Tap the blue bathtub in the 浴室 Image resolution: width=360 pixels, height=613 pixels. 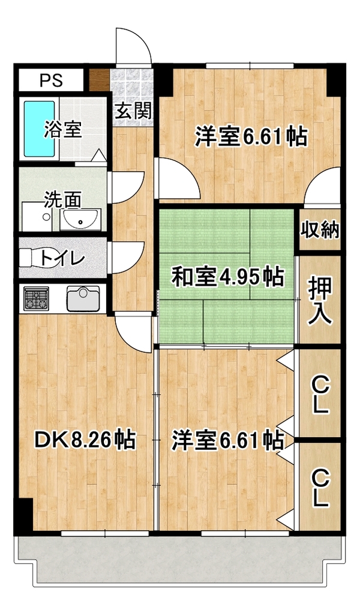(40, 129)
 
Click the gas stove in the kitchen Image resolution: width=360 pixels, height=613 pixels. (37, 298)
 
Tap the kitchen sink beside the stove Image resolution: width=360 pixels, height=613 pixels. (83, 298)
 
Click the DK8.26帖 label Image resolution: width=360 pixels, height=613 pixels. (85, 440)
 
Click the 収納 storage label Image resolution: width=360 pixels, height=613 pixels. (320, 231)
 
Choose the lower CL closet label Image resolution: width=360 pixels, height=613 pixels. (320, 489)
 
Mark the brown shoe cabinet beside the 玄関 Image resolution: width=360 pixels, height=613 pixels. (98, 80)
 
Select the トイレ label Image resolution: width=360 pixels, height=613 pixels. (62, 259)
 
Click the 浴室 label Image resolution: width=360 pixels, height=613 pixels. (63, 130)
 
